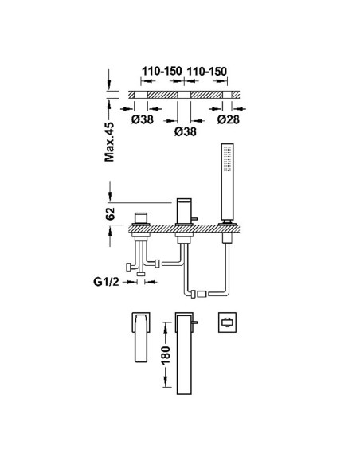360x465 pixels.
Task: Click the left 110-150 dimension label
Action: [x=162, y=71]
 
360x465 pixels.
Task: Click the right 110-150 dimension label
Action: [x=206, y=71]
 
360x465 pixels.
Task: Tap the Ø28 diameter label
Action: [x=228, y=119]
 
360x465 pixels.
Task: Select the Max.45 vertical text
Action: [x=109, y=142]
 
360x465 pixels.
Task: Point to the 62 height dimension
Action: [x=110, y=213]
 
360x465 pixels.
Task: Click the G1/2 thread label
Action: [x=106, y=281]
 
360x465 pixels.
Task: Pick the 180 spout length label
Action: [x=166, y=355]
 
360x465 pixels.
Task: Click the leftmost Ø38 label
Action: [x=143, y=119]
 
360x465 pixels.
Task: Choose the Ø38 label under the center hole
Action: [x=186, y=131]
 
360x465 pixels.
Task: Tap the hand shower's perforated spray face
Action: [x=228, y=158]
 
